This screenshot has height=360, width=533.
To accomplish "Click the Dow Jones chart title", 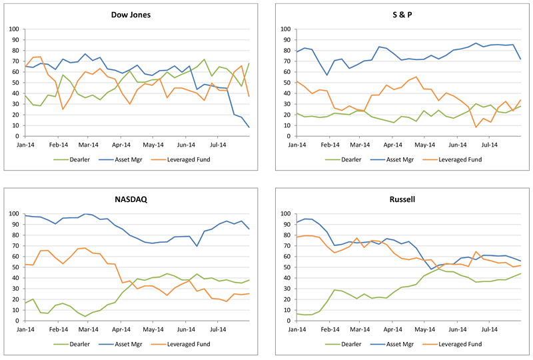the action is pos(131,15).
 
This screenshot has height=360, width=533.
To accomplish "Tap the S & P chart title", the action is pos(402,15).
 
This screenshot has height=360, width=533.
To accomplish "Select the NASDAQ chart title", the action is pos(131,199).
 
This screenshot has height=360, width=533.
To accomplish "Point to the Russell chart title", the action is pos(402,199).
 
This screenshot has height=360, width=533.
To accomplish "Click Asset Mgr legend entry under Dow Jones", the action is pos(121,159).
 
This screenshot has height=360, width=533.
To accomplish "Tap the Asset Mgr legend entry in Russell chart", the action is pos(392,345).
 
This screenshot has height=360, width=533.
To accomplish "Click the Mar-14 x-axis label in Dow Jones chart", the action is pos(89,145).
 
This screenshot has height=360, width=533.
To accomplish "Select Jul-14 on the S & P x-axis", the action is pos(490,145).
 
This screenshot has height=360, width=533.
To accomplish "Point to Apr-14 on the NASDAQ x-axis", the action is pos(121,329).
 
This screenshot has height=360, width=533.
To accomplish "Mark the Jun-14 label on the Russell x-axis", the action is pos(458,329).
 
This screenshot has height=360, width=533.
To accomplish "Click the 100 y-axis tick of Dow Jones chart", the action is pos(14,29).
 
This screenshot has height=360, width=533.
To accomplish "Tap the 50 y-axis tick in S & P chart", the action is pos(288,83).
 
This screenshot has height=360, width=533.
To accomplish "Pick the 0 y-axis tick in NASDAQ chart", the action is pos(17,321).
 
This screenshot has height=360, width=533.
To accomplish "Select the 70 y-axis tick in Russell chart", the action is pos(288,246).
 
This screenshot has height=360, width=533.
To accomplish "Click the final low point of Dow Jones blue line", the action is pos(249,127).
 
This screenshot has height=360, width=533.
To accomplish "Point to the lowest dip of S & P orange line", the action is pos(476,127).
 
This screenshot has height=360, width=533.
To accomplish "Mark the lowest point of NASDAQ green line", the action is pos(85,317).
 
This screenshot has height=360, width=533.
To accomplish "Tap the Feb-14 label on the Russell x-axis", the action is pos(330,329).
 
